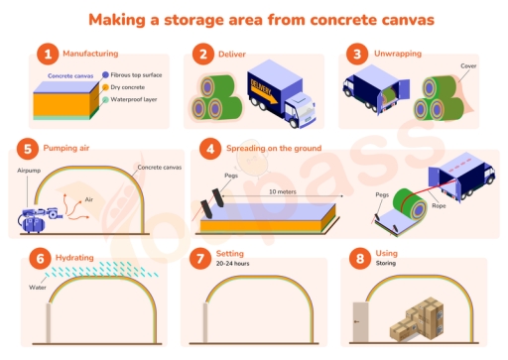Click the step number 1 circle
click(44, 55)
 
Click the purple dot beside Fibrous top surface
click(106, 75)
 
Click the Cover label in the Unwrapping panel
click(468, 66)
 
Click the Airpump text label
click(29, 171)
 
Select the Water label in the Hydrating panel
click(37, 289)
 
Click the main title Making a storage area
click(253, 19)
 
